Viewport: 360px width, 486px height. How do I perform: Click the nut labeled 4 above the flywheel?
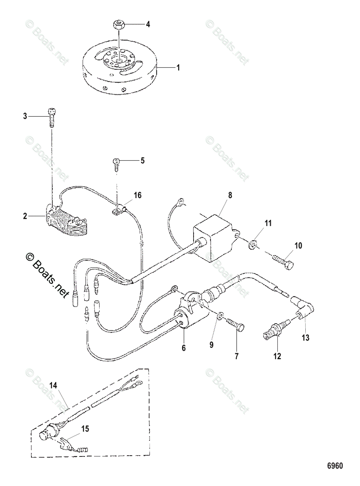(119, 25)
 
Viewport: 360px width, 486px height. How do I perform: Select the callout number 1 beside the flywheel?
(177, 68)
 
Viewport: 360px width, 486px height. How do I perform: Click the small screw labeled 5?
(116, 163)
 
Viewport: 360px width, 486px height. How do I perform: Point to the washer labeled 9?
(220, 316)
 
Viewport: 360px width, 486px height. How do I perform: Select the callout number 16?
(138, 195)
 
